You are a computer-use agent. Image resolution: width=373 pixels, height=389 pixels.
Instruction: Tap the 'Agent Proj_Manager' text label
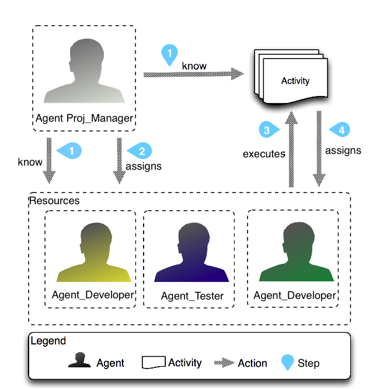tap(85, 118)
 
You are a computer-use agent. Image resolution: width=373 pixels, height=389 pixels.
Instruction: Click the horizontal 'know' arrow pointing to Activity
tap(193, 74)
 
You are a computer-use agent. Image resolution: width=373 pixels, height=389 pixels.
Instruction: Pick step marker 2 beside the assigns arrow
tap(141, 151)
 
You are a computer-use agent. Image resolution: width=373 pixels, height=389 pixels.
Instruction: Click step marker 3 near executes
tap(267, 130)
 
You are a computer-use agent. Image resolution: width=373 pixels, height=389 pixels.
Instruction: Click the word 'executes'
tap(264, 154)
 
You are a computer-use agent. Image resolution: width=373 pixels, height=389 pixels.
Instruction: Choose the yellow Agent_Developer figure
tap(93, 254)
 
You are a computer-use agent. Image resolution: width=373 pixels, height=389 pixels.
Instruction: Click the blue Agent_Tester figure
tap(191, 254)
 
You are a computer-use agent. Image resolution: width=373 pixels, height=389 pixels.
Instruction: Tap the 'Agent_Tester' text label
tap(192, 296)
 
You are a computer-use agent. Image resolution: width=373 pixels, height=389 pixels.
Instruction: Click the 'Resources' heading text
tap(54, 201)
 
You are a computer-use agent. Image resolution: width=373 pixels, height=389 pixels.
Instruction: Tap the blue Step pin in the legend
tap(288, 363)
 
